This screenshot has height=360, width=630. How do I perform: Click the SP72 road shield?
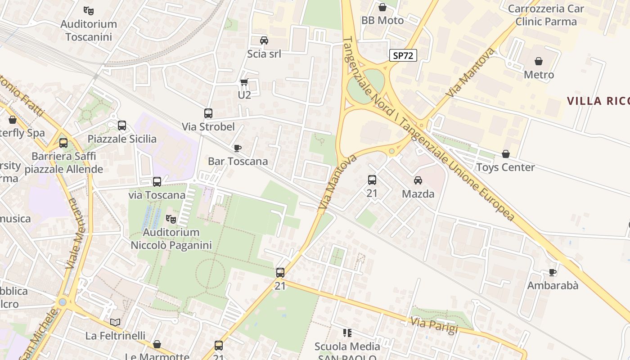click(403, 55)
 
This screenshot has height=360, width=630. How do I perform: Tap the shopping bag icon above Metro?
click(539, 61)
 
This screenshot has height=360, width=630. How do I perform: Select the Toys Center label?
click(505, 167)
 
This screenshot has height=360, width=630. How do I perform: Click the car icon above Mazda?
click(418, 180)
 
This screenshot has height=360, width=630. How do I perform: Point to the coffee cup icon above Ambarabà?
click(553, 272)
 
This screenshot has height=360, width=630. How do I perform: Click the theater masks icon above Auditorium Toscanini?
click(89, 10)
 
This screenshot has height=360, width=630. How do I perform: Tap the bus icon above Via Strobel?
click(208, 113)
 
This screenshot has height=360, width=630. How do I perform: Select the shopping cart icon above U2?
click(244, 82)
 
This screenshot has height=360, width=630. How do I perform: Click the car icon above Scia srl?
click(264, 40)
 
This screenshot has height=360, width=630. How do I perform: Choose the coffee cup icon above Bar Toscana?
click(238, 148)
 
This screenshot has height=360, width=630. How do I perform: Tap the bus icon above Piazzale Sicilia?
click(122, 126)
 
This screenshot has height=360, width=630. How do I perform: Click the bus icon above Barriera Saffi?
click(63, 143)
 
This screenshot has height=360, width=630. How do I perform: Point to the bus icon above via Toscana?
click(157, 182)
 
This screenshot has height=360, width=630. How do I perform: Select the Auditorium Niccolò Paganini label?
click(171, 239)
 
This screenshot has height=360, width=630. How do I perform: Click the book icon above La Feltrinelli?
click(115, 322)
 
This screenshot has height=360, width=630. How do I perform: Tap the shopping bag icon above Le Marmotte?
click(157, 344)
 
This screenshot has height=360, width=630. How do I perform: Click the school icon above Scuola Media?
click(347, 333)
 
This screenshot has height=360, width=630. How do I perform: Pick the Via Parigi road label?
click(434, 325)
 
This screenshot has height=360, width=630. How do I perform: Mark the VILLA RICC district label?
click(598, 101)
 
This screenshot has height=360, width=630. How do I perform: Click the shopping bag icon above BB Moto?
click(382, 7)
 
